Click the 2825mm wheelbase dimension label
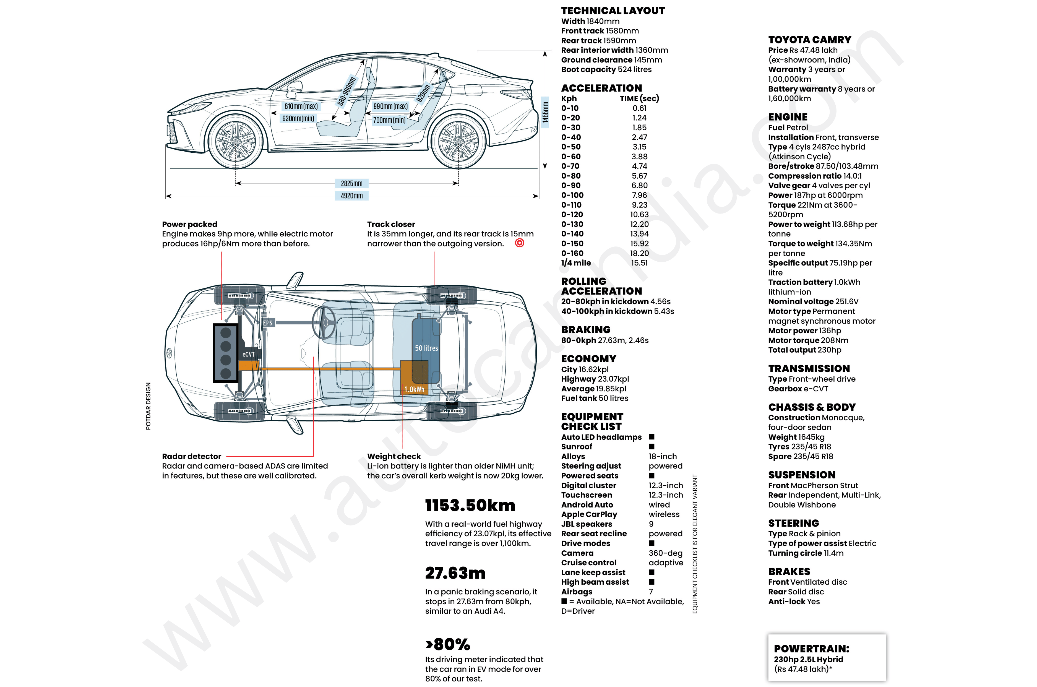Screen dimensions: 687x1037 tap(351, 183)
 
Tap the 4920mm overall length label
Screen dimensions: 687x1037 tap(351, 196)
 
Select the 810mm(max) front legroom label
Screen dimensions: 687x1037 tap(301, 106)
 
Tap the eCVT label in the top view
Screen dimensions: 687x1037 tap(248, 354)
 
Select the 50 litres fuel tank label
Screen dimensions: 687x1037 tap(426, 348)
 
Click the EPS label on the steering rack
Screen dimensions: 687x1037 tap(268, 323)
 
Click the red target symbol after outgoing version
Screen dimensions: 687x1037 tap(520, 243)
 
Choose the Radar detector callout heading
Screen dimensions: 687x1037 tap(191, 456)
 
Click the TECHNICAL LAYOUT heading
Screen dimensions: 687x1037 tap(613, 11)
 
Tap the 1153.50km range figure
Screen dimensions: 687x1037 tap(470, 505)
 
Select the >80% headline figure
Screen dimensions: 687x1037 tap(447, 644)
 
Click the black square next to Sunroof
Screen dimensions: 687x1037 tap(652, 446)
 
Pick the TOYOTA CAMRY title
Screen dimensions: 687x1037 tap(809, 40)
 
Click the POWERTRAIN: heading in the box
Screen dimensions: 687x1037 tap(811, 649)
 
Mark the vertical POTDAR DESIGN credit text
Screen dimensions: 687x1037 tap(148, 406)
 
